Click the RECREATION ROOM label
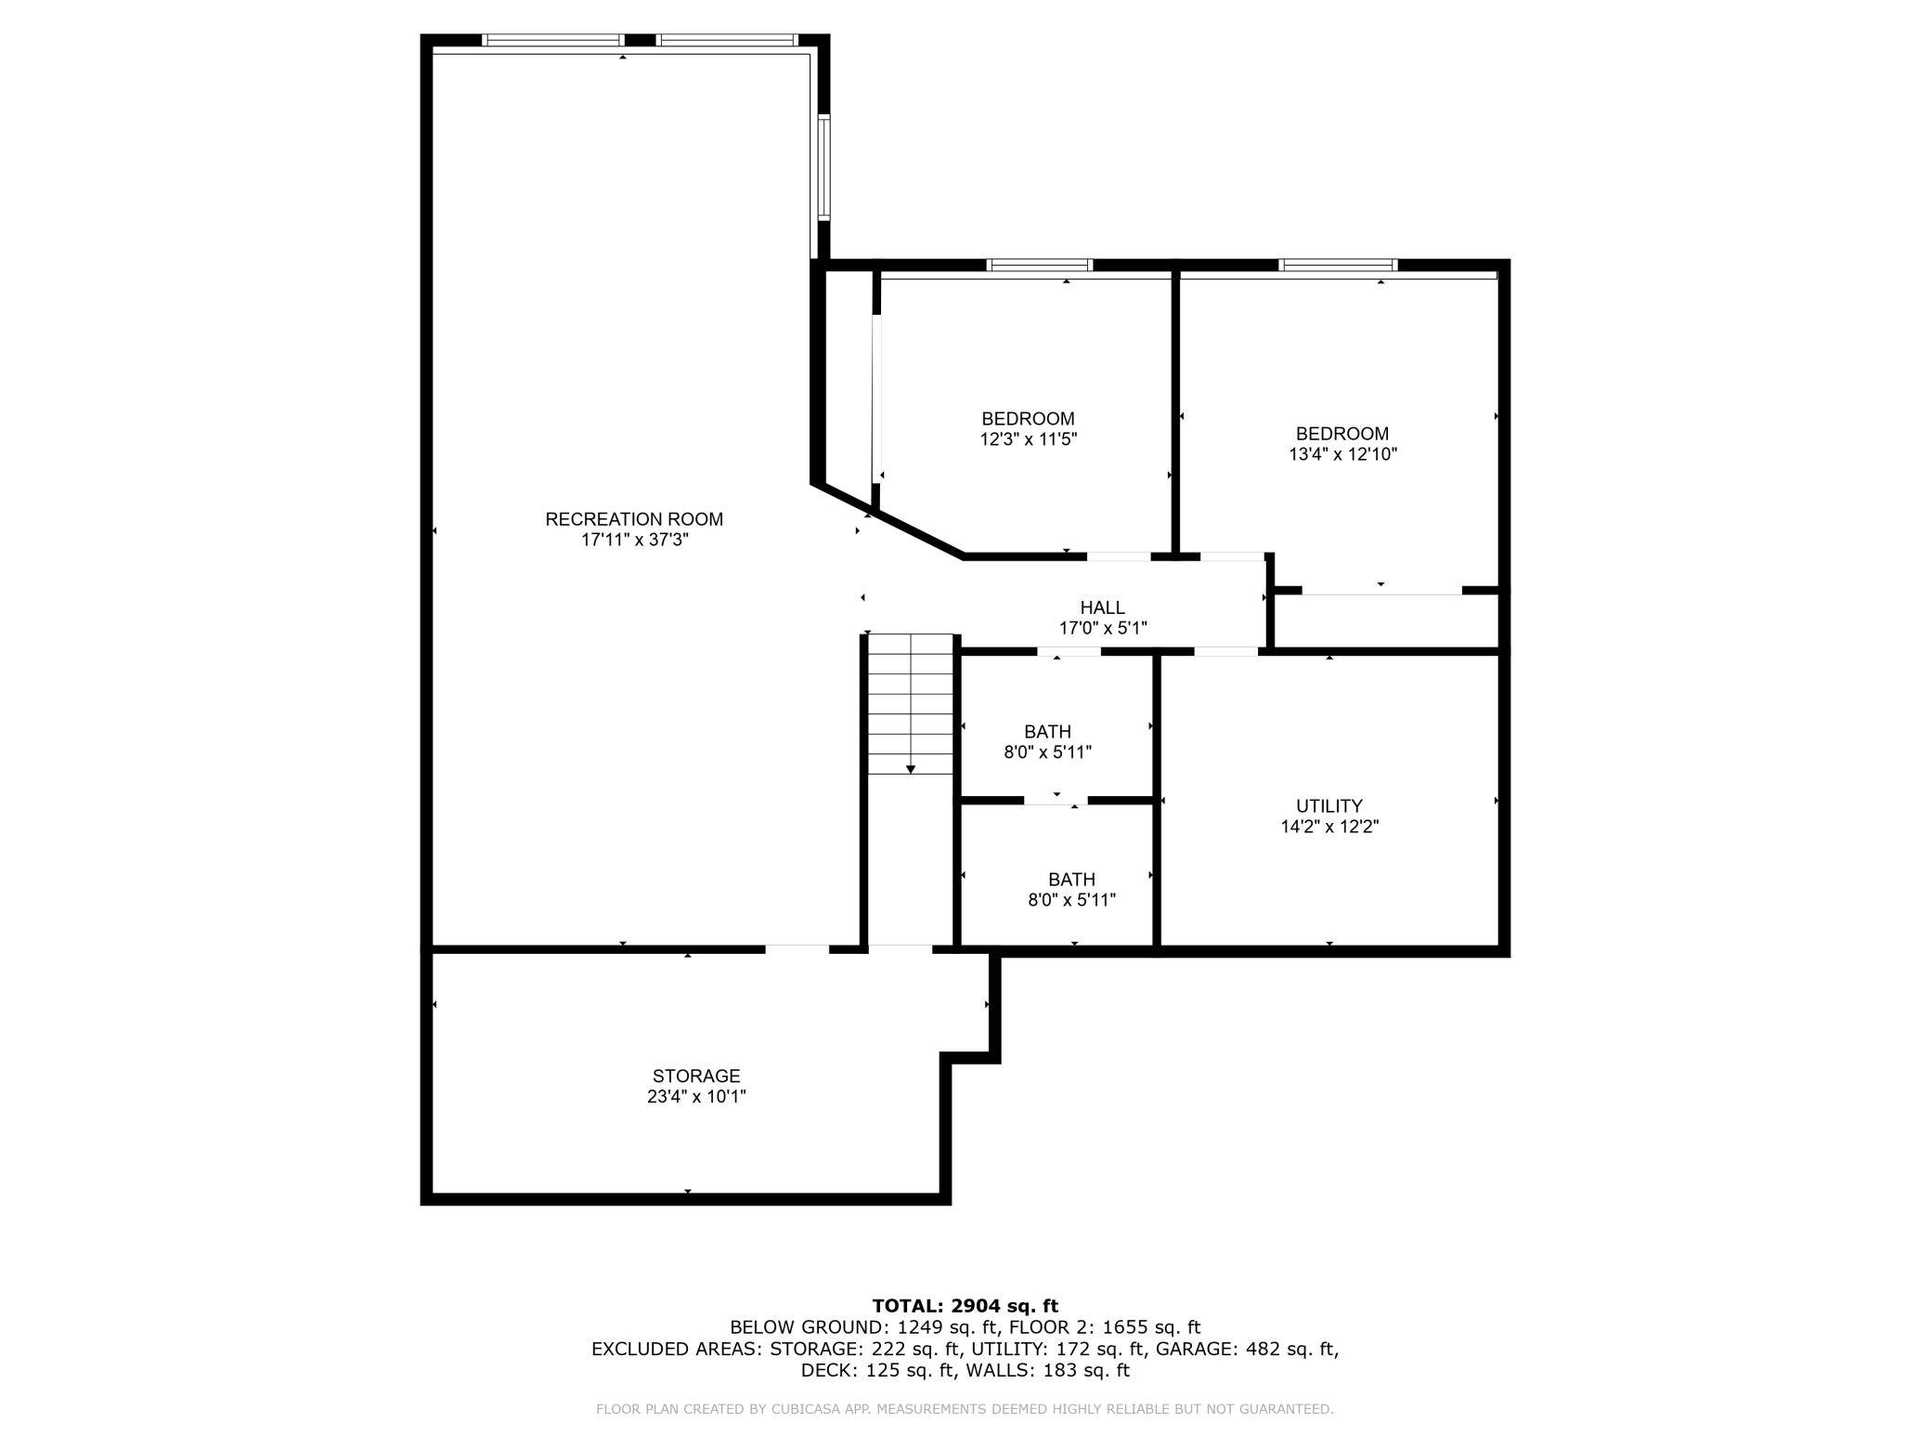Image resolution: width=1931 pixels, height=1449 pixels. point(634,519)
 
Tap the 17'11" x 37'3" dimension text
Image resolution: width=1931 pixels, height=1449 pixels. point(634,540)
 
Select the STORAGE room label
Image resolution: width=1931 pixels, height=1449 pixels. point(696,1076)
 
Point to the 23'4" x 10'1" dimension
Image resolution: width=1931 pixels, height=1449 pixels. point(696,1096)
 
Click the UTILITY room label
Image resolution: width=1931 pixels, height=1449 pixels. point(1329,806)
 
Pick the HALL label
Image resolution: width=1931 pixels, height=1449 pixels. point(1103,607)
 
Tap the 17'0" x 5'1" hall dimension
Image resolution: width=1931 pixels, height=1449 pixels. point(1103,628)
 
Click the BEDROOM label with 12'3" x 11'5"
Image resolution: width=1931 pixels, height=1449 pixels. point(1028,419)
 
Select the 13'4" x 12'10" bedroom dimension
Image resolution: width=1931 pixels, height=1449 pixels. point(1342,454)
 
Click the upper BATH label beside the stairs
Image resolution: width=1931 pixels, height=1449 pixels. point(1047,732)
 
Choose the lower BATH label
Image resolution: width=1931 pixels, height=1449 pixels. point(1071,880)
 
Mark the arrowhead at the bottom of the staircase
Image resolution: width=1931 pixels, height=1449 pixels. point(911,769)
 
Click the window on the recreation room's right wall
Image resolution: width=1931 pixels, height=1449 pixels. point(823,167)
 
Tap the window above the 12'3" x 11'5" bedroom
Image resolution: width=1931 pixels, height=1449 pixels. point(1040,266)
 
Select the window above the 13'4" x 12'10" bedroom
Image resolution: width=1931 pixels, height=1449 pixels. point(1338,266)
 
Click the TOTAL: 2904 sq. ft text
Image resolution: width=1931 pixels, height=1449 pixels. point(965,1306)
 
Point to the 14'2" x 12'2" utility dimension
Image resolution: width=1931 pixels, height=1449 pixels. point(1329,827)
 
